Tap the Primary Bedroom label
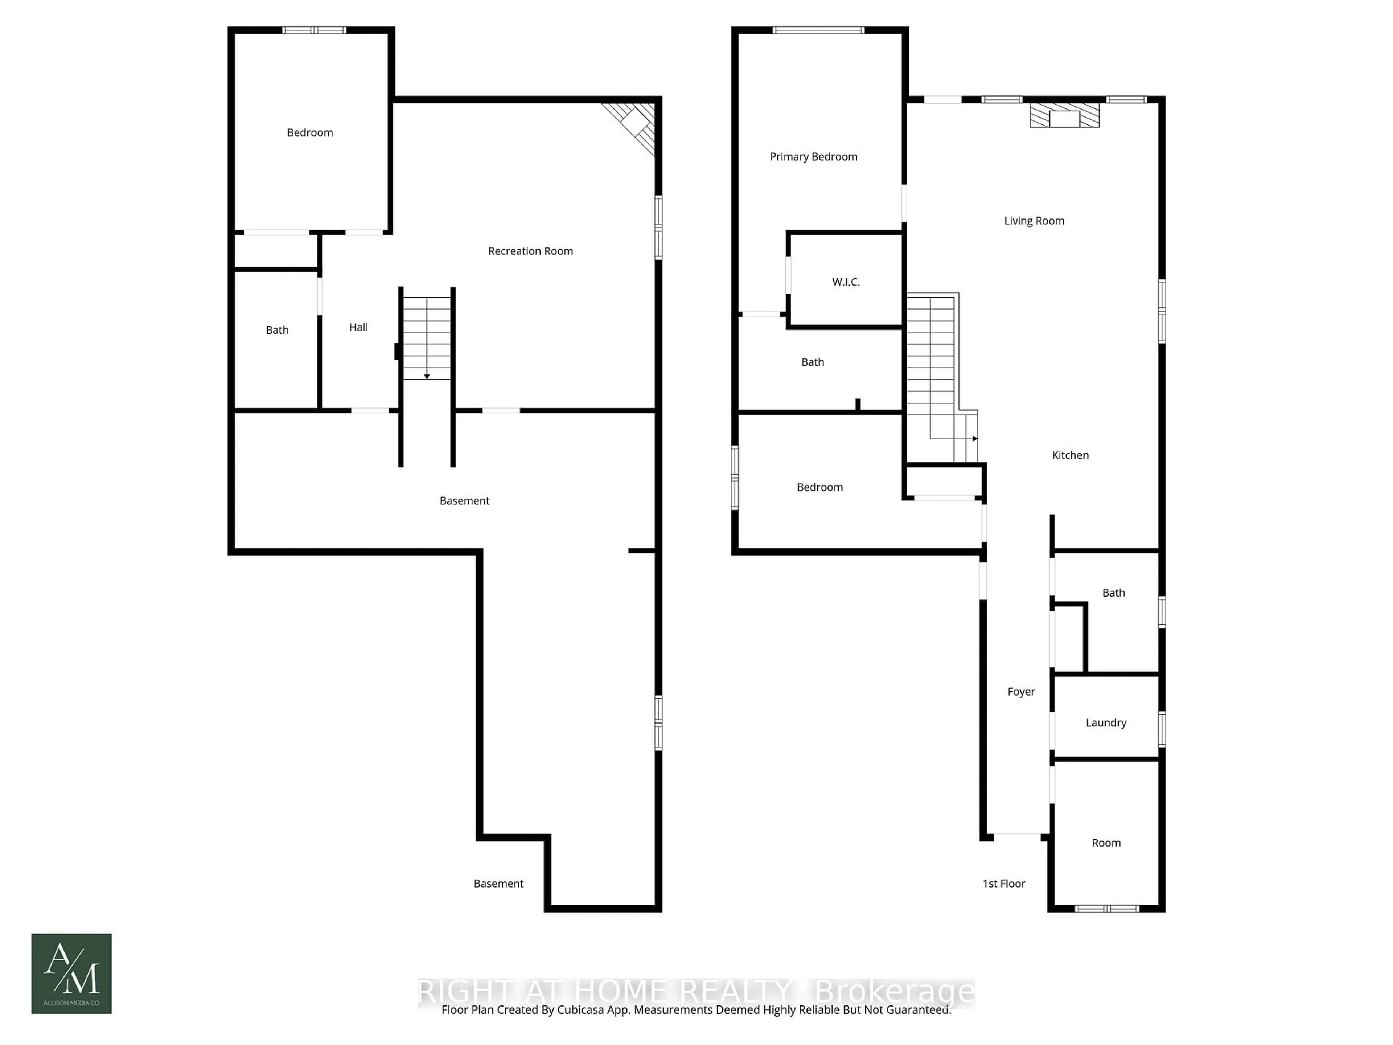tap(813, 157)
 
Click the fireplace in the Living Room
tap(1064, 116)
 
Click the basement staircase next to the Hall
tap(426, 337)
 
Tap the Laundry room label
tap(1105, 722)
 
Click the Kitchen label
tap(1070, 455)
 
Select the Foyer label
tap(1021, 692)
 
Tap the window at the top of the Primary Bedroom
tap(818, 30)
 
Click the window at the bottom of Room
tap(1106, 908)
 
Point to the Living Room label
tap(1034, 221)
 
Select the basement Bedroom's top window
tap(314, 30)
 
